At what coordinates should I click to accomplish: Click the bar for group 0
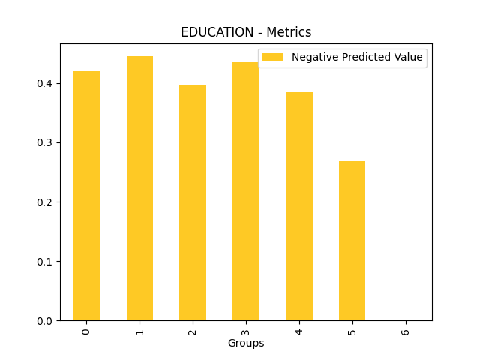[86, 196]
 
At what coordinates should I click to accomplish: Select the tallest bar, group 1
[139, 188]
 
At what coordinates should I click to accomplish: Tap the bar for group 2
[193, 202]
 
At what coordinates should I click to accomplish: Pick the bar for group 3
[245, 191]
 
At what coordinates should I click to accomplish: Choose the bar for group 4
[298, 206]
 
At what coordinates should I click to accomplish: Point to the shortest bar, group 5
[352, 241]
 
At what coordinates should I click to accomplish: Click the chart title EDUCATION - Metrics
[246, 32]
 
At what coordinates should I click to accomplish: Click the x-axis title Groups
[246, 343]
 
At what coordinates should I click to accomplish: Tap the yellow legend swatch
[273, 58]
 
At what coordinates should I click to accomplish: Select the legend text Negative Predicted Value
[357, 58]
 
